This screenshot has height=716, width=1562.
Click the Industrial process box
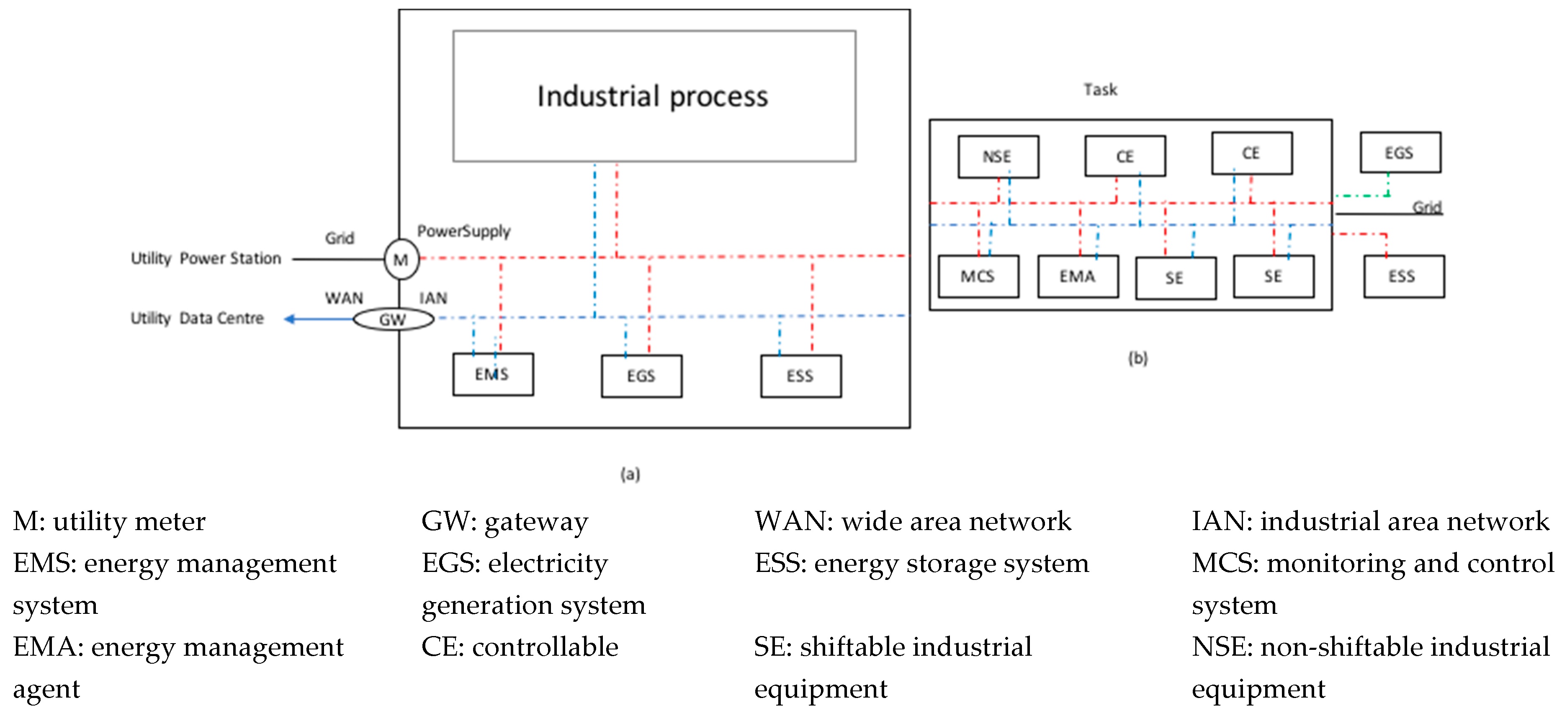654,96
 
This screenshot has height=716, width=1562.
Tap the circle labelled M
401,260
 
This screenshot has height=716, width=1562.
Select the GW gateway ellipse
393,319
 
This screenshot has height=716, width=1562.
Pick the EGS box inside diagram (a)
641,376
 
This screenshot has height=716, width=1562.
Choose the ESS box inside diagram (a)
800,376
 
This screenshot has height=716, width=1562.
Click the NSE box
998,157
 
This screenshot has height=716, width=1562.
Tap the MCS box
978,276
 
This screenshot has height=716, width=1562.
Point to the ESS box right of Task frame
1403,276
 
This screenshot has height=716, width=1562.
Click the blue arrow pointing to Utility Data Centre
318,319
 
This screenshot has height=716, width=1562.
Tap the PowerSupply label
464,231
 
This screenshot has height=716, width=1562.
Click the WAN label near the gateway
344,298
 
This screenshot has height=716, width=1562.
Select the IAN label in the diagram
433,298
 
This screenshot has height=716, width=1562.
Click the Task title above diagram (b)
1100,90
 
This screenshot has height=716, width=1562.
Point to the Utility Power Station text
206,258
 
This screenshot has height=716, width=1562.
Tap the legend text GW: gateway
504,521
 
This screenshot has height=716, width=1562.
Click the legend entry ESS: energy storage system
921,563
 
